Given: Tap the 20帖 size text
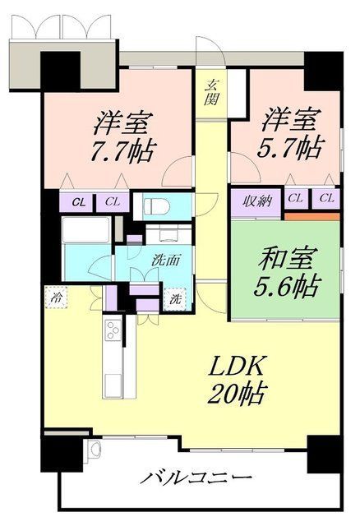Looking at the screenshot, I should (236, 395).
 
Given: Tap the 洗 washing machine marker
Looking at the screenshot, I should (176, 299).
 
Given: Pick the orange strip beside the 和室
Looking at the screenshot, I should (312, 215).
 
